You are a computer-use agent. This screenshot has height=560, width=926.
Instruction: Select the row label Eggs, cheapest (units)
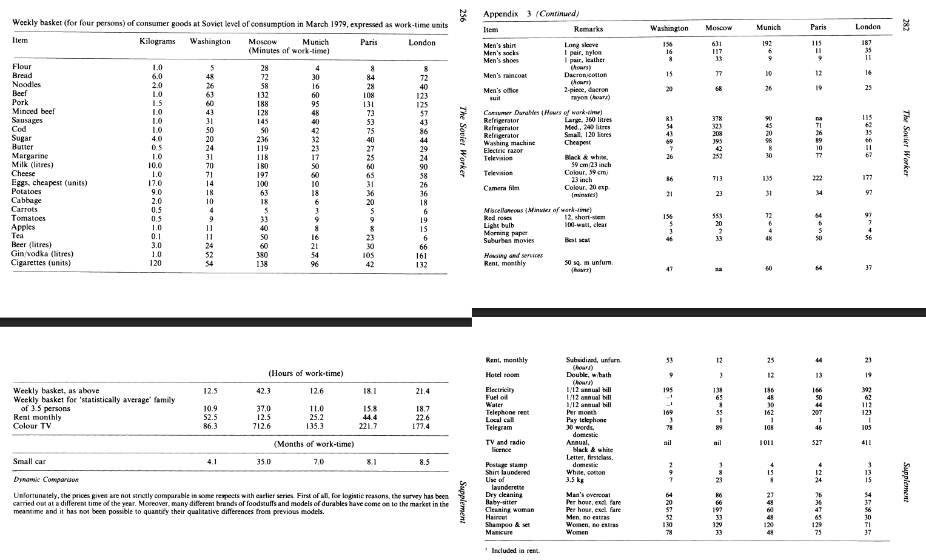click(x=50, y=183)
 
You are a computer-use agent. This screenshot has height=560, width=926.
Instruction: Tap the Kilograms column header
click(x=157, y=42)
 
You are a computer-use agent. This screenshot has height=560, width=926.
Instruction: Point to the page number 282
click(x=906, y=25)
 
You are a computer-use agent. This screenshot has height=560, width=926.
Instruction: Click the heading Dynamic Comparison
click(x=45, y=479)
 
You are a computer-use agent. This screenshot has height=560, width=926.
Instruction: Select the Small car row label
click(x=30, y=462)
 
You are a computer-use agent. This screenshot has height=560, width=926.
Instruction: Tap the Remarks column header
click(x=588, y=29)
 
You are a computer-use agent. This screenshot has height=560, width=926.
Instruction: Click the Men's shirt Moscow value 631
click(x=717, y=44)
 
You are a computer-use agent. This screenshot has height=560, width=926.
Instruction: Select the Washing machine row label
click(x=509, y=143)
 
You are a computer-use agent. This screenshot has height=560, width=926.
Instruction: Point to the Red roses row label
click(x=498, y=218)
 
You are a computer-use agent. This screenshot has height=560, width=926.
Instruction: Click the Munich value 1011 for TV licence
click(x=767, y=443)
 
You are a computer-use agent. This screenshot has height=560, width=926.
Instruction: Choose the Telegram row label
click(x=498, y=427)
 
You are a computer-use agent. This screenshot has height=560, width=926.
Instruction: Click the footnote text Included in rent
click(x=515, y=550)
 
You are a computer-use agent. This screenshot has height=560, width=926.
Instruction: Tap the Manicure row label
click(x=499, y=532)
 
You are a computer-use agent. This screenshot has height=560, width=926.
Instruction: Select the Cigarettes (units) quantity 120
click(x=156, y=263)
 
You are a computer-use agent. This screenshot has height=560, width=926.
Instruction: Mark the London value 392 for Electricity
click(x=868, y=390)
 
